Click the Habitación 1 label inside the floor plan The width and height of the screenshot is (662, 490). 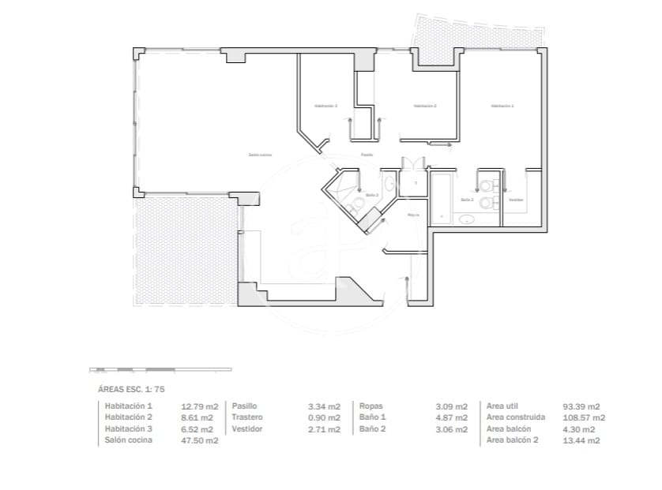click(502, 106)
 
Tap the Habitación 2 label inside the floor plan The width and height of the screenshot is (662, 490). click(424, 106)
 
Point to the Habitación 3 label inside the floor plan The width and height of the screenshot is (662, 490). click(325, 106)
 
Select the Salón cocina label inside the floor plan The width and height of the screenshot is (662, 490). click(260, 155)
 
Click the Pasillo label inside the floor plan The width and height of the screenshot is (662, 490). click(367, 155)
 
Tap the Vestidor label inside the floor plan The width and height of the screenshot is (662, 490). click(516, 200)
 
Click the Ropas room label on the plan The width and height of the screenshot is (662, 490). click(412, 215)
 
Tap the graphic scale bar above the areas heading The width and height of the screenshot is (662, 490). click(160, 369)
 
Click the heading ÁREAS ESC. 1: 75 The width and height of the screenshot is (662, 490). click(130, 389)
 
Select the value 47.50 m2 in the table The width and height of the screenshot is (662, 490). click(200, 441)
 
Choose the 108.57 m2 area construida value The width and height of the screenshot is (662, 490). click(584, 417)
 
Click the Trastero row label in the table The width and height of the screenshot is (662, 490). click(247, 417)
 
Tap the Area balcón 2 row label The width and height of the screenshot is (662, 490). click(512, 440)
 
